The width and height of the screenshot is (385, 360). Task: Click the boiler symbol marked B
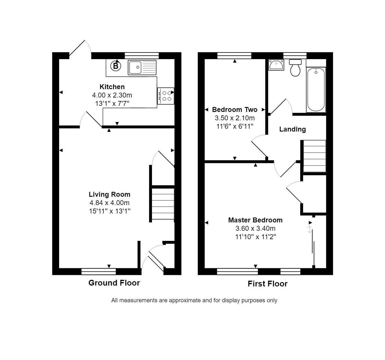click(116, 66)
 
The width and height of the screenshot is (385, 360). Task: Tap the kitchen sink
click(142, 67)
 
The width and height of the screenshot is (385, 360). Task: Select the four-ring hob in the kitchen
click(166, 96)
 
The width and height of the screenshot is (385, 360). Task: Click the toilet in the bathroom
click(295, 68)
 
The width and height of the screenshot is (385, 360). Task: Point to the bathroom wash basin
click(276, 65)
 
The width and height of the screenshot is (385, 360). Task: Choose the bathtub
click(316, 89)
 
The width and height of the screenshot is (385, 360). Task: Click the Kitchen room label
click(112, 87)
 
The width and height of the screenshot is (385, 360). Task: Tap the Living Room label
click(110, 194)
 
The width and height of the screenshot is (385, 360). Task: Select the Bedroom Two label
click(235, 110)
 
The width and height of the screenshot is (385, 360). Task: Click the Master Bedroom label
click(255, 220)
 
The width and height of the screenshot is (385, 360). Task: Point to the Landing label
click(292, 129)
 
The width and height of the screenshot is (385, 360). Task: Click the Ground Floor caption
click(114, 283)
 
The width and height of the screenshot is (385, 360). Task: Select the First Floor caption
click(268, 284)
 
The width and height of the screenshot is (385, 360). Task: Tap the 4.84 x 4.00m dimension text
click(110, 203)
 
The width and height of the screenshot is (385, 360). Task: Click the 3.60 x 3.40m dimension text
click(255, 228)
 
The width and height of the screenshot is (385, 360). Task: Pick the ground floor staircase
click(163, 204)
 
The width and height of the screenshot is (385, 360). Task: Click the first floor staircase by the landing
click(314, 156)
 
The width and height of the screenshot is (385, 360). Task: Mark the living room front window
click(99, 271)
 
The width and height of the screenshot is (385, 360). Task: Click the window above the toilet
click(295, 55)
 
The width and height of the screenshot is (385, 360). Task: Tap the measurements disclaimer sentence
click(194, 300)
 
